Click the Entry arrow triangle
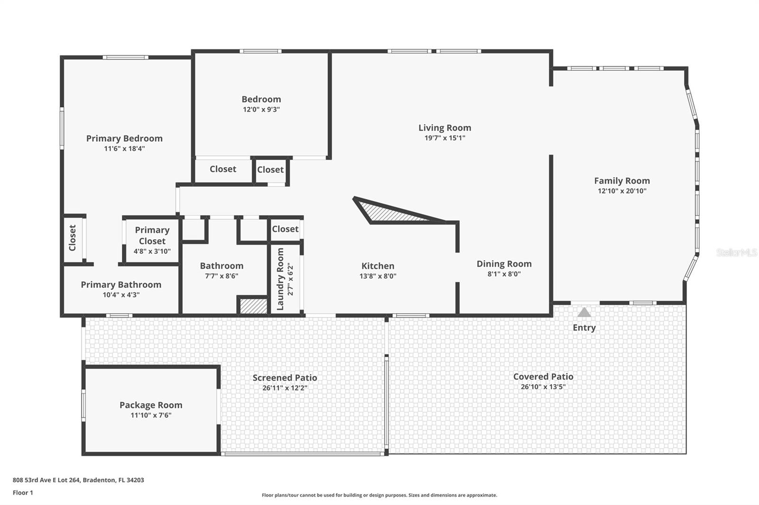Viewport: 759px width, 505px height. (x=584, y=312)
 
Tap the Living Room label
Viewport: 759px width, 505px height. (x=444, y=127)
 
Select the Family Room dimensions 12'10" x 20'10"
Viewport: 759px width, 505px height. (x=621, y=191)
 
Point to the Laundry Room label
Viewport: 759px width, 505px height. (x=280, y=279)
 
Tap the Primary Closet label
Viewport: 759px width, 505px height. (x=152, y=235)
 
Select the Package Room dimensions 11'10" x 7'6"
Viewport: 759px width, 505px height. (x=151, y=415)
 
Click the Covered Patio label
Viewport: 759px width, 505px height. (x=543, y=377)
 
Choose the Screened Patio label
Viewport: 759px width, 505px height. (x=285, y=378)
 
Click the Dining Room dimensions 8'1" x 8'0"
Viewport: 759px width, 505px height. (x=504, y=274)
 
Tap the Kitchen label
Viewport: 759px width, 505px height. (x=378, y=266)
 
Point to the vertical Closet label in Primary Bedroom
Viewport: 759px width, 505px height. (x=73, y=238)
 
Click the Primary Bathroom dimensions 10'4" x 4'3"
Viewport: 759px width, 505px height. (x=121, y=295)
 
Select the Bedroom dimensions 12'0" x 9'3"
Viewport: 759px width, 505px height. (x=261, y=109)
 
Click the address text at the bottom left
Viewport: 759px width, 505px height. (x=78, y=480)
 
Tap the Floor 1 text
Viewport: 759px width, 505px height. (x=23, y=493)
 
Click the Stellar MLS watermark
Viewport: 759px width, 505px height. (x=736, y=252)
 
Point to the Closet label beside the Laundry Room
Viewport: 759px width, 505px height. (x=285, y=229)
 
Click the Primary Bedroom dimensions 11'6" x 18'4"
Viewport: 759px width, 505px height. (x=124, y=149)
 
